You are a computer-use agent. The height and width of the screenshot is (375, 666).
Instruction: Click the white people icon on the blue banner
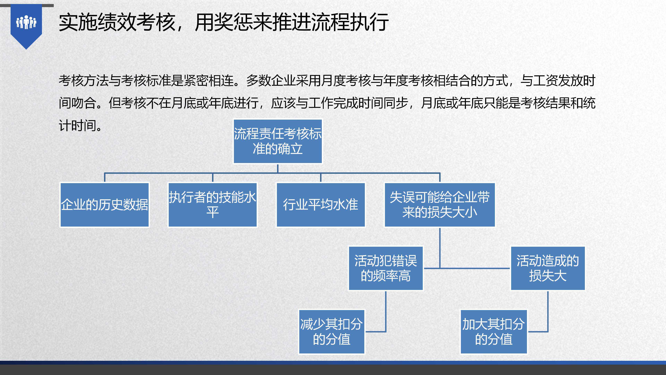tap(26, 22)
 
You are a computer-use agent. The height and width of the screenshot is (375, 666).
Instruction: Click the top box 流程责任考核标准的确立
tap(278, 141)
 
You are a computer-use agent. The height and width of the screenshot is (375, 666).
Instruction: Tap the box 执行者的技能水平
tap(213, 205)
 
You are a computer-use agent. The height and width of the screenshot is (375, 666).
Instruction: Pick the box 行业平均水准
tap(321, 205)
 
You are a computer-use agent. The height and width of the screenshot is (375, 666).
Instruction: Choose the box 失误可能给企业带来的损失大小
tap(440, 205)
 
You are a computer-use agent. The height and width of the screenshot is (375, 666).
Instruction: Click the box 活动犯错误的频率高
tap(386, 268)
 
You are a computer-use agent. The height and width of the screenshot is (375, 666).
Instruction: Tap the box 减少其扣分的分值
tap(332, 332)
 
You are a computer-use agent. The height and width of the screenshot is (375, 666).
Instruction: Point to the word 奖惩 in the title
tap(233, 22)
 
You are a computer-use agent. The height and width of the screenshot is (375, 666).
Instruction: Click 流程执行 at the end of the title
tap(350, 22)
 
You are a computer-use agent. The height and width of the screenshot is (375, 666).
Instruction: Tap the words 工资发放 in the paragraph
tap(558, 81)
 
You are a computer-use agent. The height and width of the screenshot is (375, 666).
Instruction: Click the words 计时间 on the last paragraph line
tap(78, 126)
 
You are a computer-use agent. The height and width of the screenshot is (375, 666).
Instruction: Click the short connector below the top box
tap(278, 168)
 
